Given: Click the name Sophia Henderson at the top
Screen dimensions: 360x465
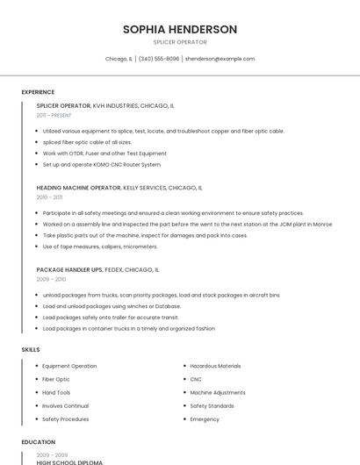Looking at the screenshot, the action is pos(180,30).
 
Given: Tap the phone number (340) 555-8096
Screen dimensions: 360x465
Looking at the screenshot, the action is pos(159,59).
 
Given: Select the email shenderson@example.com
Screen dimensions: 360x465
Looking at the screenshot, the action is pos(220,59).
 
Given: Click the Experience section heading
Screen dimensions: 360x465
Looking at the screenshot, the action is pos(38,92).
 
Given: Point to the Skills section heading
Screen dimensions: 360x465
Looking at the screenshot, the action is pos(31,349).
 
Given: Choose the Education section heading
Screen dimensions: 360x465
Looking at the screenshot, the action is pos(39,442).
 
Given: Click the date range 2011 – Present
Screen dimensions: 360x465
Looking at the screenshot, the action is pos(54,115).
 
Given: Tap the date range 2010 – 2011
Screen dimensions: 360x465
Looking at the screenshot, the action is pos(49,197).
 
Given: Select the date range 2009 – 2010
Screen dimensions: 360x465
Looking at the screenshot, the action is pos(51,279).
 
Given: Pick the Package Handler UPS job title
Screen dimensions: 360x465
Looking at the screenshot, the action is pos(68,269).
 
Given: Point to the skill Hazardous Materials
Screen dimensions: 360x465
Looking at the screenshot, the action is pos(215,366).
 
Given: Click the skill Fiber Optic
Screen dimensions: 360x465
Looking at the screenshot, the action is pos(55,379).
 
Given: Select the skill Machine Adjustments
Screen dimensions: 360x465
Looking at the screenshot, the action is pos(218,392).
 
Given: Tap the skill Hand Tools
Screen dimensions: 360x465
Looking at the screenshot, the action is pos(56,392).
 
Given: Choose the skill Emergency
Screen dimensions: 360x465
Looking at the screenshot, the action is pos(205,419).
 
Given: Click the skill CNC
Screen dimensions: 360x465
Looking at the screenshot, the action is pos(196,379).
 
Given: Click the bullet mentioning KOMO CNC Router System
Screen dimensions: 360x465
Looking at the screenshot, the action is pos(102,164).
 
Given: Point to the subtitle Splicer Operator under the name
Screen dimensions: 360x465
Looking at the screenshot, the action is pos(180,42).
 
